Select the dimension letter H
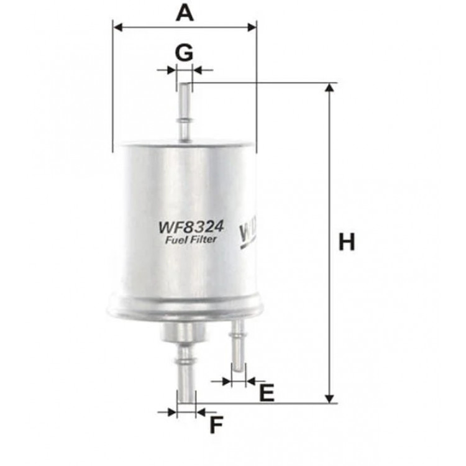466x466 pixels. point(347,242)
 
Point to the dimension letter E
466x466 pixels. point(266,393)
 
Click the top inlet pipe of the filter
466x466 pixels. point(185,112)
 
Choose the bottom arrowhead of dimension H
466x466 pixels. point(329,397)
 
